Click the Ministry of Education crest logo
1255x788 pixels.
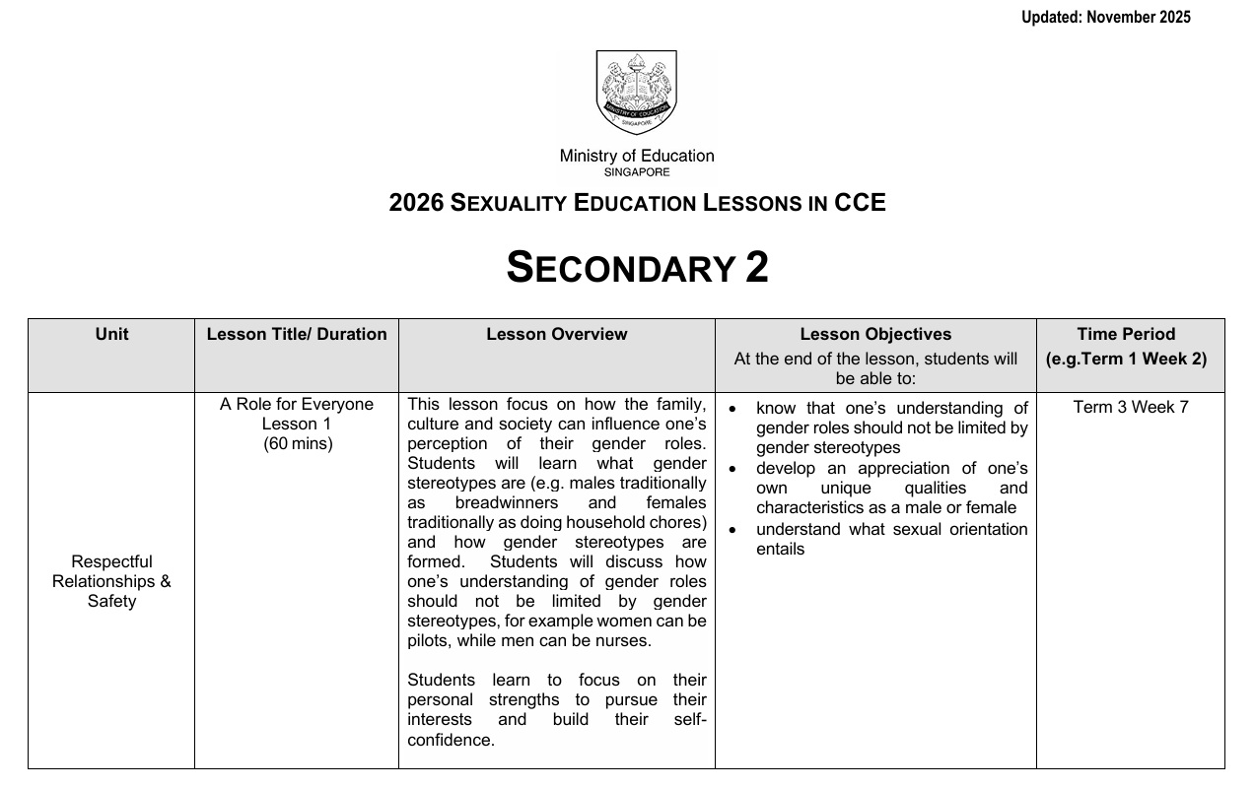(637, 93)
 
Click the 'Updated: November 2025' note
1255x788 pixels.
(1105, 17)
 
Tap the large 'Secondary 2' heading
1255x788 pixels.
(637, 267)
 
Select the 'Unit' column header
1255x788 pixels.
(111, 334)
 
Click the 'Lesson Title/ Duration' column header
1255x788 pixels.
(297, 334)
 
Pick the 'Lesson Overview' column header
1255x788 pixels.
(556, 334)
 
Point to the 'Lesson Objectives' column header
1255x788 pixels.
(875, 334)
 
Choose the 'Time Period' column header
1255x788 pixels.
(1126, 334)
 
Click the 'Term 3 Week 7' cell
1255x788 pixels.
(1130, 407)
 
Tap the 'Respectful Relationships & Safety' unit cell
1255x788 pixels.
(111, 581)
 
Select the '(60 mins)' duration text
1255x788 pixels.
(298, 443)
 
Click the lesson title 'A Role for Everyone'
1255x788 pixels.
(297, 404)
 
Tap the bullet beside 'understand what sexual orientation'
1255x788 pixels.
(732, 530)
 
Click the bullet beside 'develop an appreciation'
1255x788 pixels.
(732, 469)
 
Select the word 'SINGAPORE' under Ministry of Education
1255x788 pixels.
(637, 172)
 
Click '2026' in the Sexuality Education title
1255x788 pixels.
(416, 202)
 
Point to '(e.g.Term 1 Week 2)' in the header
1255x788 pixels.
(1126, 359)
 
